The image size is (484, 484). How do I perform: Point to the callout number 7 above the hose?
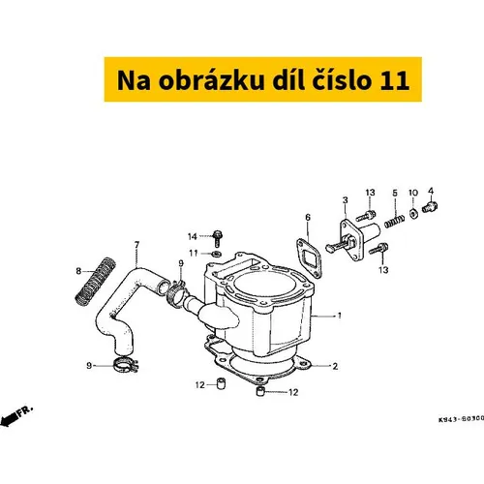point(136,245)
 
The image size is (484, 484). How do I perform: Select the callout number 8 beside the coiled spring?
point(78,271)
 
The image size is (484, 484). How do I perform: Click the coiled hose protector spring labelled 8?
point(95,281)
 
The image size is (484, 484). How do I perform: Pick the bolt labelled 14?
point(218,238)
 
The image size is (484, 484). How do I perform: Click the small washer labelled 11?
point(217,254)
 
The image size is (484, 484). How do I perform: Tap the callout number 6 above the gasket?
point(308,218)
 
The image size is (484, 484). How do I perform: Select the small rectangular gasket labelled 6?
point(309,257)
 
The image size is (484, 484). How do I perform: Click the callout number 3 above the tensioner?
point(346,200)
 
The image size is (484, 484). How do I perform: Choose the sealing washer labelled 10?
point(413,213)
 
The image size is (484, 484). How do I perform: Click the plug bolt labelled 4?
point(430,206)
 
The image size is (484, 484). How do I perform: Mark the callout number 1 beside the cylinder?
point(339,316)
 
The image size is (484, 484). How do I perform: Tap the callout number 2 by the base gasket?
point(335,366)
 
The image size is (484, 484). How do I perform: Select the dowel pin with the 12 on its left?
point(221,383)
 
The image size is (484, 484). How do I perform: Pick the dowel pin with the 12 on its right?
point(260,391)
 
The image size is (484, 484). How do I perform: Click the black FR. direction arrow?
point(9,420)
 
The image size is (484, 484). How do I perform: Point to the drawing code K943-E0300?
point(461,419)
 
